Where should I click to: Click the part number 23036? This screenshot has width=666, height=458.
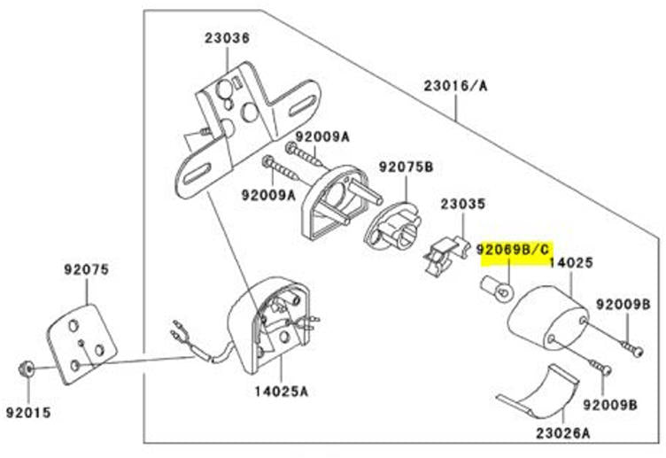[228, 38]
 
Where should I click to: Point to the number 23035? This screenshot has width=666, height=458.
[463, 205]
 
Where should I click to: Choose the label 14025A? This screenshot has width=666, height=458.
[283, 389]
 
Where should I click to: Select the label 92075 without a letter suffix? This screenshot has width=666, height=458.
[84, 269]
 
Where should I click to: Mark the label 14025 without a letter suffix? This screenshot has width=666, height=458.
[571, 263]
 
